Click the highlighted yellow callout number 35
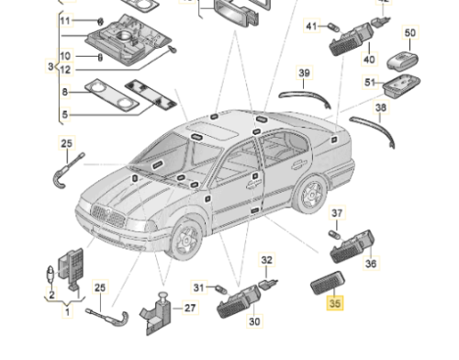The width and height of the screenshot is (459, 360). point(335,303)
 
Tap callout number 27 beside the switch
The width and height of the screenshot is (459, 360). point(190,308)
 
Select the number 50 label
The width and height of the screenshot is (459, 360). point(410,33)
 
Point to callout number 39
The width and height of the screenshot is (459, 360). point(304,73)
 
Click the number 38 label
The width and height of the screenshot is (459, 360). point(381,107)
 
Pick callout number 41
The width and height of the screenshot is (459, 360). point(311,27)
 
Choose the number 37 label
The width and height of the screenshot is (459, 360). point(337,213)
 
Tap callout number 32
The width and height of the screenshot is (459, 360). point(266,260)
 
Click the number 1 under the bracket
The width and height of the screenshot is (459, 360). point(68,311)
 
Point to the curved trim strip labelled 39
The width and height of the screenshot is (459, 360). point(306,97)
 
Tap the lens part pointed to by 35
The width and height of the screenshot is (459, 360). point(328,283)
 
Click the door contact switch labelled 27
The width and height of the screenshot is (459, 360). point(157,314)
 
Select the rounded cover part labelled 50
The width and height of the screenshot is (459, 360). point(403,61)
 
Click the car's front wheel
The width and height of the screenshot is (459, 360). point(186,239)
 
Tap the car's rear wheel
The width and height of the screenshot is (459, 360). point(309,194)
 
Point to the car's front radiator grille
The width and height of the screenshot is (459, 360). point(107,215)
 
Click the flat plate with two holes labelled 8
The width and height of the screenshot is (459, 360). point(112,96)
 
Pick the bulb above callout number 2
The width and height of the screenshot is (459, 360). point(50,274)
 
